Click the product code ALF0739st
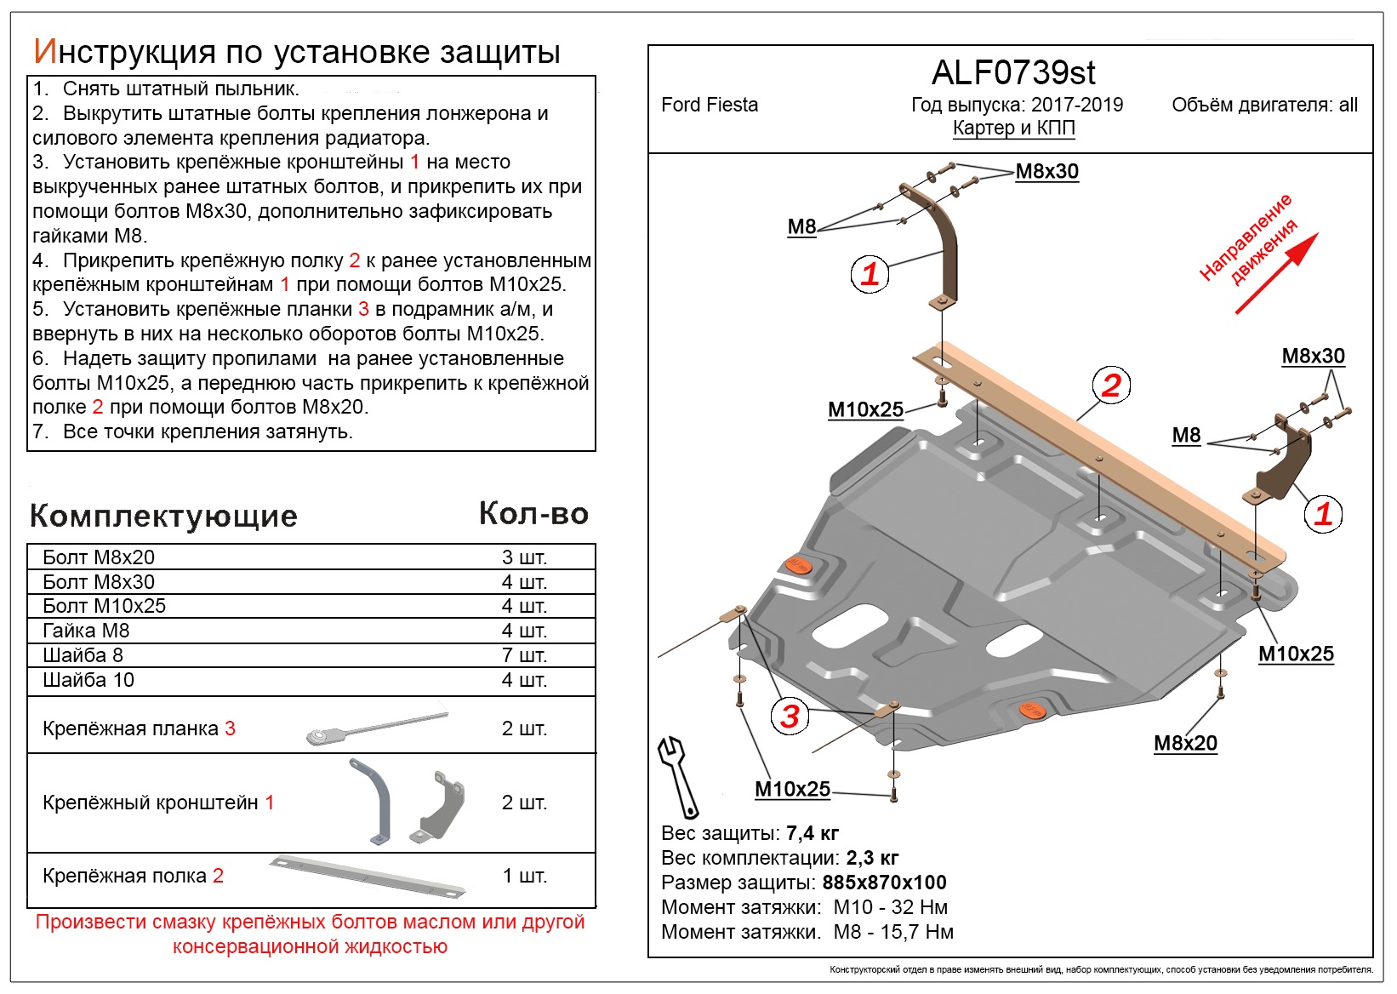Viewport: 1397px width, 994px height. coord(1013,73)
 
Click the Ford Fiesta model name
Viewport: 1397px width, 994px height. coord(709,105)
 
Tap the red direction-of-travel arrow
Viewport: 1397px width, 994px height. coord(1276,273)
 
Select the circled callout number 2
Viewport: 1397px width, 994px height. coord(1111,386)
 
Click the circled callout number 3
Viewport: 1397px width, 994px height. coord(790,716)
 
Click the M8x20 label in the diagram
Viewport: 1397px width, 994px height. coord(1185,743)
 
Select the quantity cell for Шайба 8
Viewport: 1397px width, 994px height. coord(524,655)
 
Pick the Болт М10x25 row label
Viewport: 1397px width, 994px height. coord(104,606)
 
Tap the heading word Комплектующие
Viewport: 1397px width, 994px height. coord(163,516)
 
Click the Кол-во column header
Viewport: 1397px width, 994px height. coord(533,513)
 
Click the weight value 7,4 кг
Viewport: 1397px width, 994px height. coord(813,833)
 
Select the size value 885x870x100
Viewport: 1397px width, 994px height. coord(884,883)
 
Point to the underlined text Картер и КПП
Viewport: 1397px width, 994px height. coord(1013,128)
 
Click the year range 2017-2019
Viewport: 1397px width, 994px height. coord(1077,105)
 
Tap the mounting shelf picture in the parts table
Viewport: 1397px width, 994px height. coord(368,877)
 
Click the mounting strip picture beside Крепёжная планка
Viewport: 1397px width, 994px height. coord(376,728)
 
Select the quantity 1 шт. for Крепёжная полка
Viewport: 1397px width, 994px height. coord(524,876)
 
